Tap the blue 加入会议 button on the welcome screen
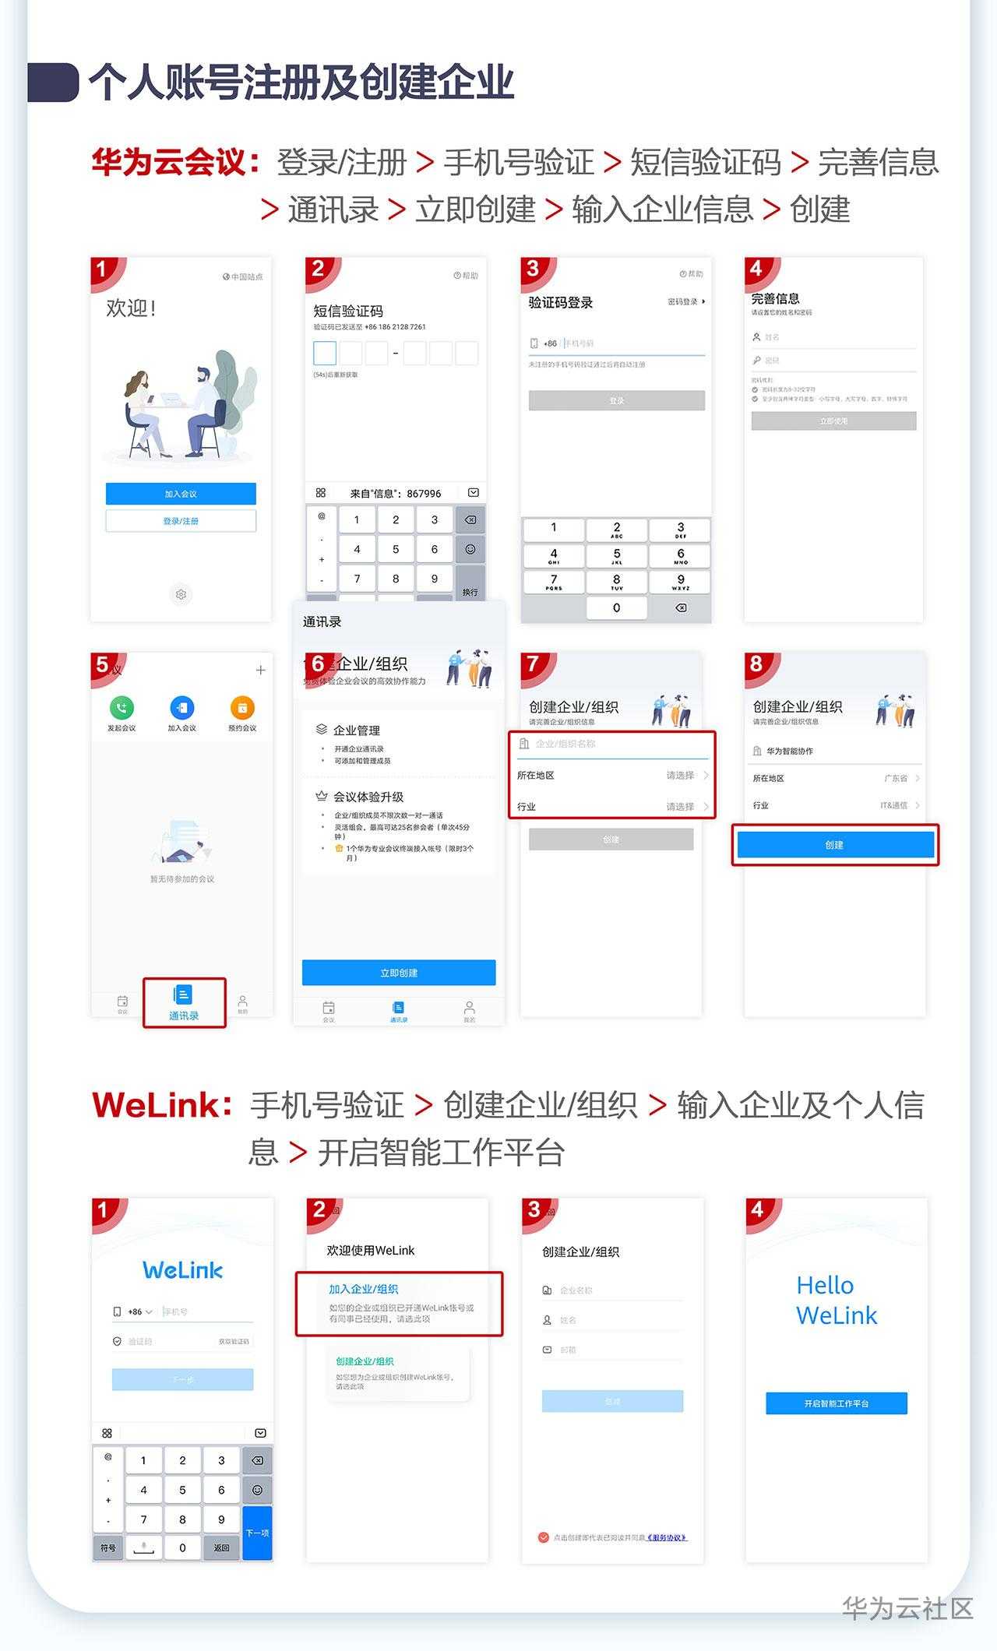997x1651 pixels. click(181, 494)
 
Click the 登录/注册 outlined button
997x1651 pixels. click(181, 521)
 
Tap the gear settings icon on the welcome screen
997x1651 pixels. click(181, 594)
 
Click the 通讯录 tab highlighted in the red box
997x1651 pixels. click(184, 1002)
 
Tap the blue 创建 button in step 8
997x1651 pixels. click(835, 845)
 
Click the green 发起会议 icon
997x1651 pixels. click(122, 708)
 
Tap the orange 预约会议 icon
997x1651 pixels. click(242, 708)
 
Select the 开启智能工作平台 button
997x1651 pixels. click(837, 1403)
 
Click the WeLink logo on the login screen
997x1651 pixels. click(183, 1270)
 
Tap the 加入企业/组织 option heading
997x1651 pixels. click(364, 1290)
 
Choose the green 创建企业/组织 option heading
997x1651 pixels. click(365, 1361)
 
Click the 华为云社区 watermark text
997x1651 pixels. click(907, 1607)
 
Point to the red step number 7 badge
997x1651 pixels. click(534, 664)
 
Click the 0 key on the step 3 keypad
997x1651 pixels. click(616, 607)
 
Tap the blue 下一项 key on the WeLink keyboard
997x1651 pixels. click(258, 1533)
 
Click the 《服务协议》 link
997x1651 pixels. click(667, 1537)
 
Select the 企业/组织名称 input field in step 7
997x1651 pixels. click(615, 744)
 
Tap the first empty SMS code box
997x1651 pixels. click(325, 353)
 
